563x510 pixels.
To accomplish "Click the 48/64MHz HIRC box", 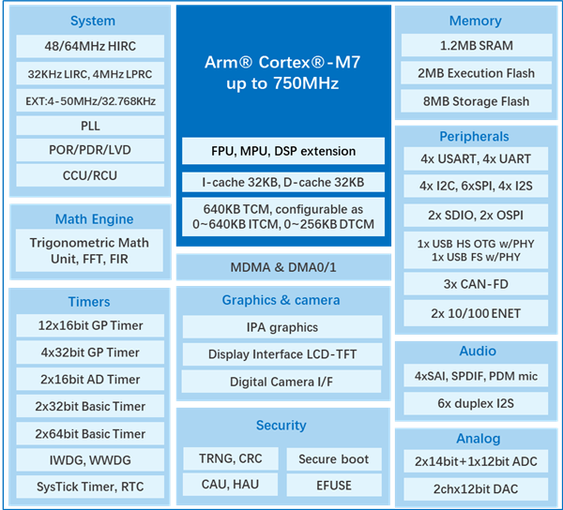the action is [90, 46].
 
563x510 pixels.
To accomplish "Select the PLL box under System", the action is [90, 126].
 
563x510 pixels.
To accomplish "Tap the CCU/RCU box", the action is [90, 175].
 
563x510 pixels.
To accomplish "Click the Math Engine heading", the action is [94, 218].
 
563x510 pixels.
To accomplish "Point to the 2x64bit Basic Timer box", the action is [90, 434].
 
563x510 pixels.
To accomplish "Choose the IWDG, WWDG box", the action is [90, 460].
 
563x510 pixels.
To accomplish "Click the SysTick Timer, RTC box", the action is [90, 487].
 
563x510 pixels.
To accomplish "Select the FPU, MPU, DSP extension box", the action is [283, 151].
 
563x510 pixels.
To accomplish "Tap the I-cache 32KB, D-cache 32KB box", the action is [283, 182].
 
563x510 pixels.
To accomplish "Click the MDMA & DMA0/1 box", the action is [283, 267].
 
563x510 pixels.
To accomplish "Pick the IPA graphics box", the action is [282, 327].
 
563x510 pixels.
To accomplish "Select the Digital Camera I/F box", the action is [281, 382].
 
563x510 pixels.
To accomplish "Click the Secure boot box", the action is [334, 459].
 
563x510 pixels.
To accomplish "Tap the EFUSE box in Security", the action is [334, 486].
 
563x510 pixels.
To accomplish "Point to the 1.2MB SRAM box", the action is [477, 46].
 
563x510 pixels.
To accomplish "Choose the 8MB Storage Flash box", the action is [476, 101].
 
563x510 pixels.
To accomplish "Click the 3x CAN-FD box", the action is [476, 284].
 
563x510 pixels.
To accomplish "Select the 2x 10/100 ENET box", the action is [476, 313].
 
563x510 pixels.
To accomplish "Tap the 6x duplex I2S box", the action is [476, 403].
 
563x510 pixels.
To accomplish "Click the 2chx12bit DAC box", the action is [476, 488].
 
